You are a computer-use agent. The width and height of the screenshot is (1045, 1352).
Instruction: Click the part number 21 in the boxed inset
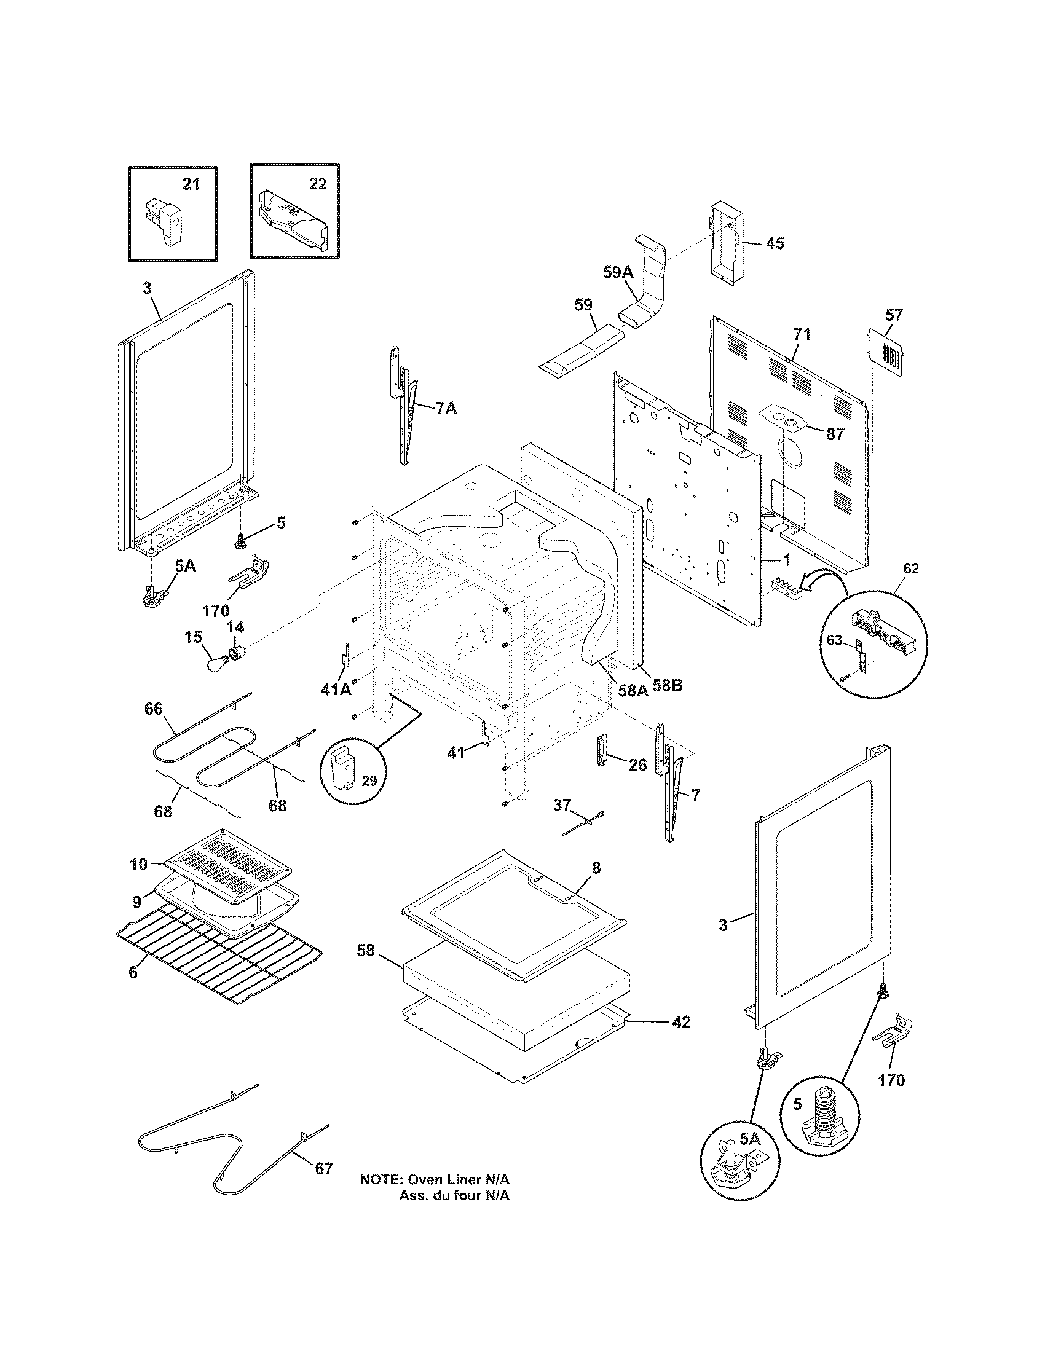(191, 184)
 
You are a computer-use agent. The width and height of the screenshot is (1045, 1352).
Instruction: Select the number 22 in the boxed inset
(317, 184)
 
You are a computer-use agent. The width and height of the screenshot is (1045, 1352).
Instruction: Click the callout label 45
(775, 243)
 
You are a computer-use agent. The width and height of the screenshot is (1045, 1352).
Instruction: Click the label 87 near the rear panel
(835, 434)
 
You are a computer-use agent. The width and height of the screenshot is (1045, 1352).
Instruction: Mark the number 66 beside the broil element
(154, 709)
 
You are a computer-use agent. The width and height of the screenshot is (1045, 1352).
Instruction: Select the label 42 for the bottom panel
(680, 1021)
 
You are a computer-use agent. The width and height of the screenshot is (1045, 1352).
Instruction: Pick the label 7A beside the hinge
(446, 408)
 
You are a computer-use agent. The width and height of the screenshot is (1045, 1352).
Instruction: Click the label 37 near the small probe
(561, 804)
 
